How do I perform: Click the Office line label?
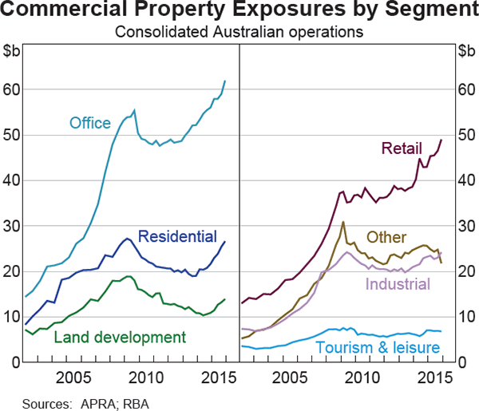(x=89, y=123)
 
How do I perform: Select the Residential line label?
(x=177, y=236)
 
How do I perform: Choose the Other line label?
(x=386, y=237)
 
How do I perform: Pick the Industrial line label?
(x=398, y=284)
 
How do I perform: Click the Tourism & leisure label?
(x=378, y=348)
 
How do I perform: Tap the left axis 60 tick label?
(x=13, y=90)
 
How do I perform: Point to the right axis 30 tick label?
(x=465, y=227)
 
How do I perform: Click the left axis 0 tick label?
(x=17, y=363)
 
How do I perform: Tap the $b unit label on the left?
(x=13, y=53)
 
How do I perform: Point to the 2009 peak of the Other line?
(x=343, y=222)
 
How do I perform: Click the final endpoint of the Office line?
(x=225, y=81)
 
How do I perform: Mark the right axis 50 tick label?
(x=465, y=136)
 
